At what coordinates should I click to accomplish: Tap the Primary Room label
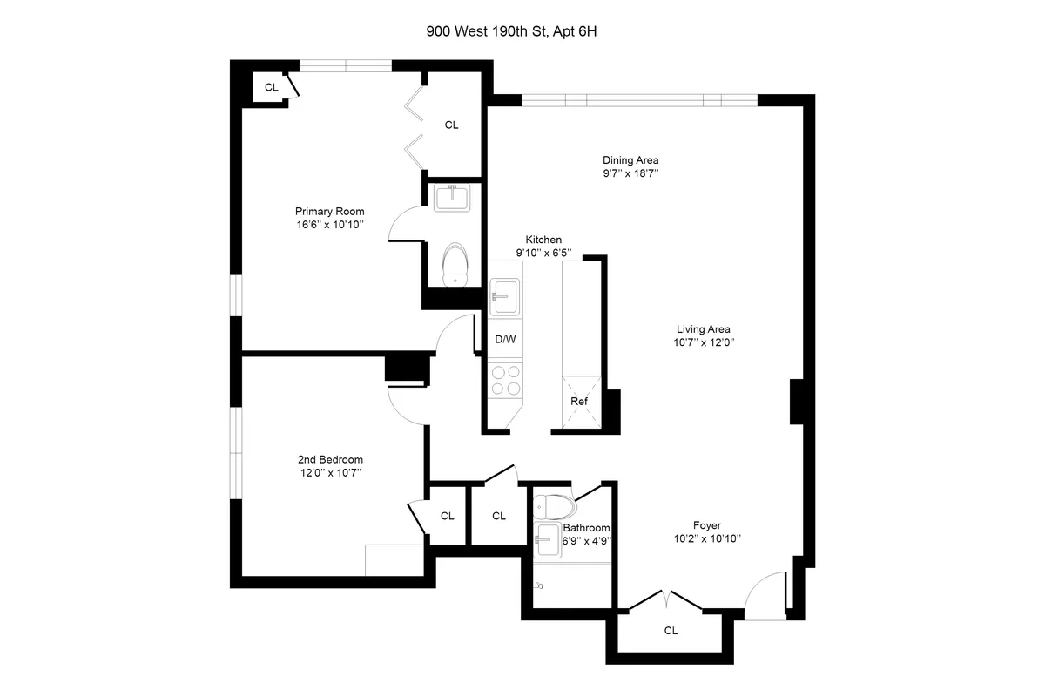pos(329,212)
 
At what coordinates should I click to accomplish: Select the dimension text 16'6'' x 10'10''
pos(329,225)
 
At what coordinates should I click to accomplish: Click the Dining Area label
pos(630,160)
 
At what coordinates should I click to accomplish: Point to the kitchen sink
pos(504,295)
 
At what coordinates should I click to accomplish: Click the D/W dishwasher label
pos(504,339)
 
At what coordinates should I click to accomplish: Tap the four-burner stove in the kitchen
pos(506,381)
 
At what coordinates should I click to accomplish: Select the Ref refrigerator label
pos(579,402)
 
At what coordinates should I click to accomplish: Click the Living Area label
pos(703,329)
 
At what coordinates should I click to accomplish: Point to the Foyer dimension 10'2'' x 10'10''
pos(706,538)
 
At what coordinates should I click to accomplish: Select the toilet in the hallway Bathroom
pos(555,505)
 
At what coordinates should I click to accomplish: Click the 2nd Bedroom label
pos(330,460)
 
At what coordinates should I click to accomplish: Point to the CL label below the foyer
pos(671,630)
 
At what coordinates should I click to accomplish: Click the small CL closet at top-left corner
pos(271,87)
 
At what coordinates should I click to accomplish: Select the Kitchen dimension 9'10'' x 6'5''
pos(543,253)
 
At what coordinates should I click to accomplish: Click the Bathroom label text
pos(585,528)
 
